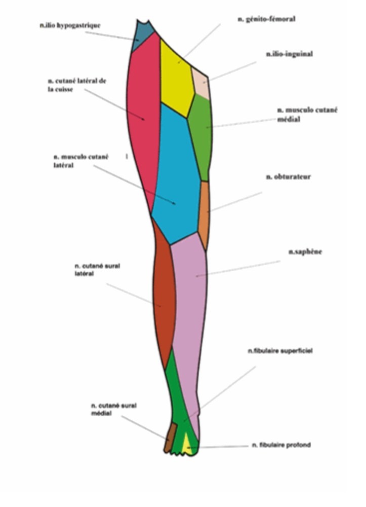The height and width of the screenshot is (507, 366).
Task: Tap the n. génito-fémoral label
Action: (x=266, y=19)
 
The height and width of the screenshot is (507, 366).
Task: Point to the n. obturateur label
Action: (x=289, y=177)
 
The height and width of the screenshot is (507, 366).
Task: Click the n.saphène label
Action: (x=305, y=251)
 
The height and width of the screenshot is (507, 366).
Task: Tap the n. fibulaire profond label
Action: (x=281, y=445)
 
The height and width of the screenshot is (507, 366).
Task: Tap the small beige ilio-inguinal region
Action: (x=200, y=82)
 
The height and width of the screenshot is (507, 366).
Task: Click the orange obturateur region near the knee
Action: (x=204, y=213)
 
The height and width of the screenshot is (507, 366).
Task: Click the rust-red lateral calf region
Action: (x=164, y=299)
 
